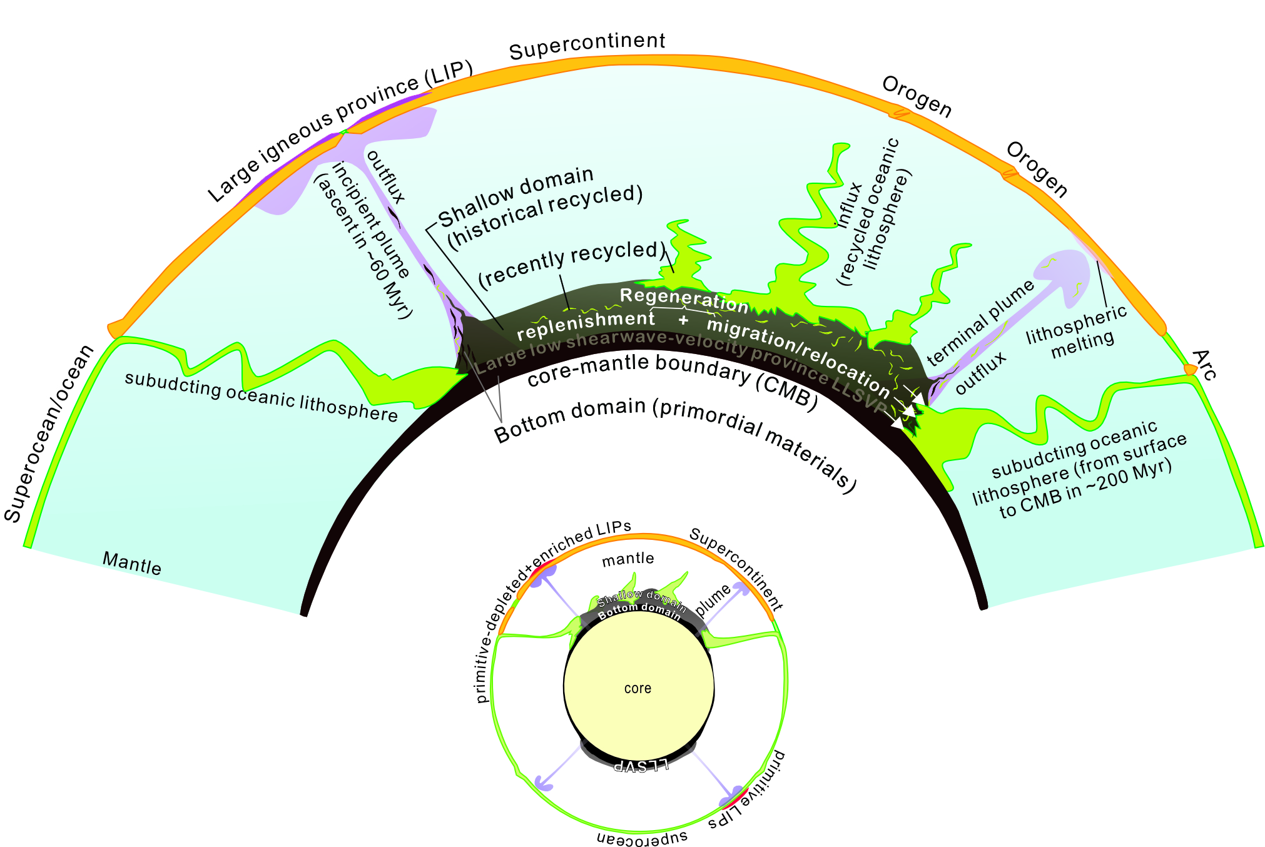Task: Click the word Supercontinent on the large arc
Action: click(587, 46)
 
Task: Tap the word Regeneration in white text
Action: click(684, 300)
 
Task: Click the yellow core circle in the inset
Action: click(638, 688)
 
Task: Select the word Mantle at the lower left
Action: click(132, 563)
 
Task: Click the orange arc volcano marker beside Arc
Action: click(1190, 370)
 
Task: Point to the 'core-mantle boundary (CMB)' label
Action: click(673, 380)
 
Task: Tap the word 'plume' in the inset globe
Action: click(713, 601)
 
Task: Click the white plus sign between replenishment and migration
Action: click(683, 320)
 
